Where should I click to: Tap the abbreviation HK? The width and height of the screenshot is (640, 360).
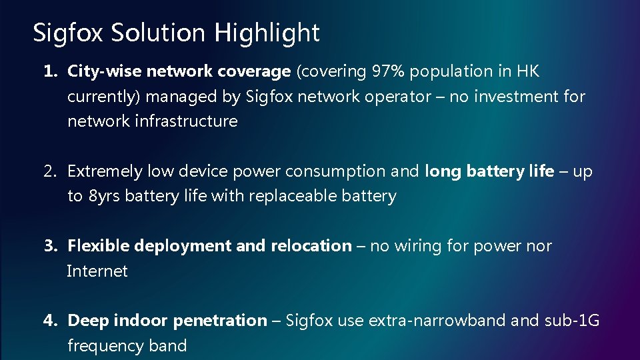[527, 71]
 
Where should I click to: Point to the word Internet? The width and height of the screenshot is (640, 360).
[97, 271]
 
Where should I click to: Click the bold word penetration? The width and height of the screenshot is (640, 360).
[219, 321]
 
